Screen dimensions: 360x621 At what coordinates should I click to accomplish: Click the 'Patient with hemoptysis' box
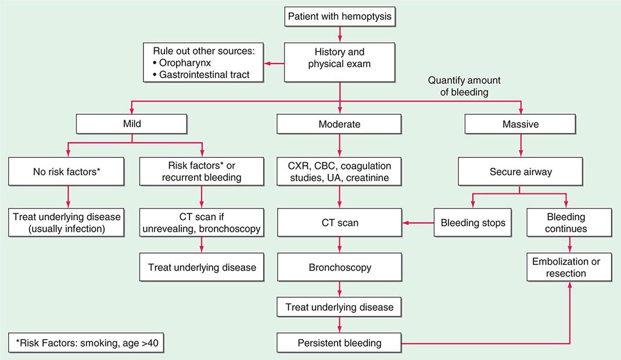339,17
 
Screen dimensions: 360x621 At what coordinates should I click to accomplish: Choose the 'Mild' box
132,124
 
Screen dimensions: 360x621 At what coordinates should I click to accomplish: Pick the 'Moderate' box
339,124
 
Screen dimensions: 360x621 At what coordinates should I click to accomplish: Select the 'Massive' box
521,124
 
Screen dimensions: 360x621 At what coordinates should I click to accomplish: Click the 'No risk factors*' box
69,171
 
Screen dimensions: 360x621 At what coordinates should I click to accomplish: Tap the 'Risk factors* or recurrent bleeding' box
201,171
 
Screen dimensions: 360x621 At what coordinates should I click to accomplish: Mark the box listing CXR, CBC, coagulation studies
339,171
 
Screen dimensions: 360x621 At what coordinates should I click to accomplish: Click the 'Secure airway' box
521,171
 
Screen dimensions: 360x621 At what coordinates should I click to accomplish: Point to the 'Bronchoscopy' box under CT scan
339,268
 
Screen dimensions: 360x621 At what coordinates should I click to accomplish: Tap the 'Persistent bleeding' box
339,343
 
